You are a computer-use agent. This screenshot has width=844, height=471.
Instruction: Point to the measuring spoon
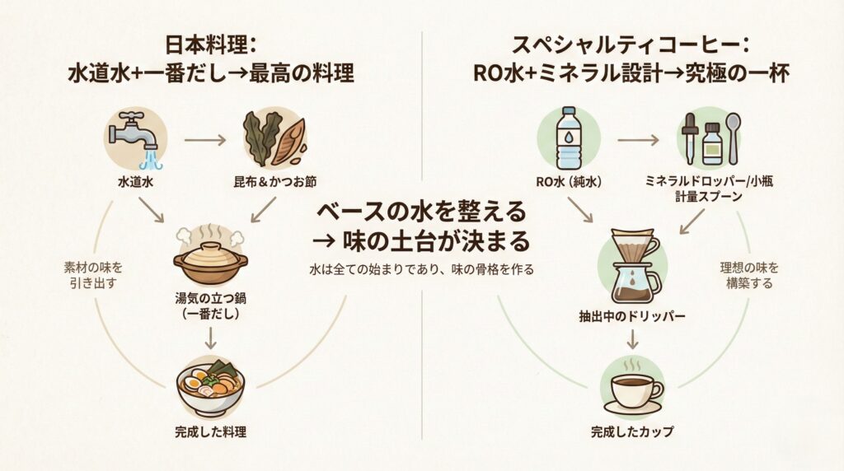(x=734, y=134)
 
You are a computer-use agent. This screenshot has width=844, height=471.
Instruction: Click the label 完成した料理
(x=210, y=431)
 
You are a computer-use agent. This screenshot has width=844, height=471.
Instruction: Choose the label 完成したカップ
(x=632, y=431)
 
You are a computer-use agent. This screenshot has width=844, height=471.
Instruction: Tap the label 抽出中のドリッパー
(x=632, y=315)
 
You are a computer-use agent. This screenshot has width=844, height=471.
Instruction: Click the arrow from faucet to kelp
(x=204, y=140)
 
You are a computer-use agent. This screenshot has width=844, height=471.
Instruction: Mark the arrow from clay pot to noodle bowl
(x=210, y=337)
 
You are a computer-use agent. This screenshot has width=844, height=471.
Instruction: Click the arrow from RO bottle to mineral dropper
(x=638, y=140)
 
